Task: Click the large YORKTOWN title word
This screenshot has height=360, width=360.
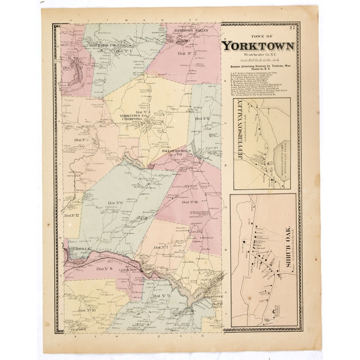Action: [x=259, y=46]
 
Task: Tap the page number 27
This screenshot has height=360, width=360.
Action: [x=292, y=30]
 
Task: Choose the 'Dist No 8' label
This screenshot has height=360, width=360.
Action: [x=104, y=269]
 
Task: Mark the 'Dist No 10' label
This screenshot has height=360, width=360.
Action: [x=86, y=310]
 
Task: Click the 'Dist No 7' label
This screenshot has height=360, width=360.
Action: [x=161, y=247]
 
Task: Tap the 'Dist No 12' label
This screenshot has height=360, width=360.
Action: [x=72, y=216]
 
